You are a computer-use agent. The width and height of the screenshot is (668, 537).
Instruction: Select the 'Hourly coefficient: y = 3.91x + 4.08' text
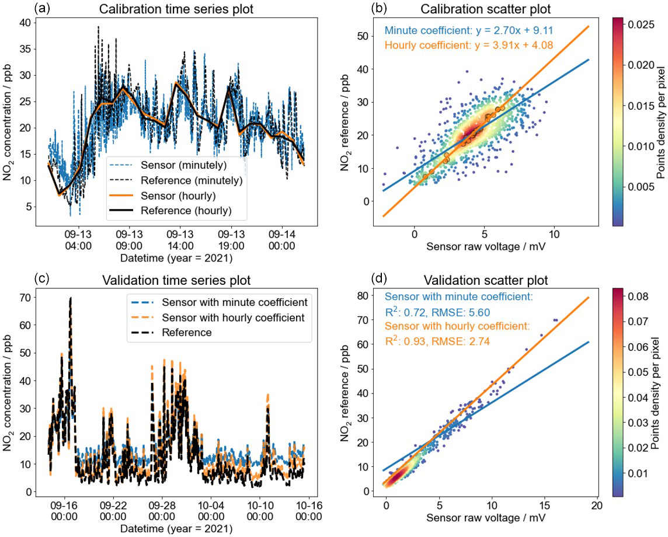pyautogui.click(x=467, y=45)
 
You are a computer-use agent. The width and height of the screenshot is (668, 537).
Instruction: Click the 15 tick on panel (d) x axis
pyautogui.click(x=545, y=503)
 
